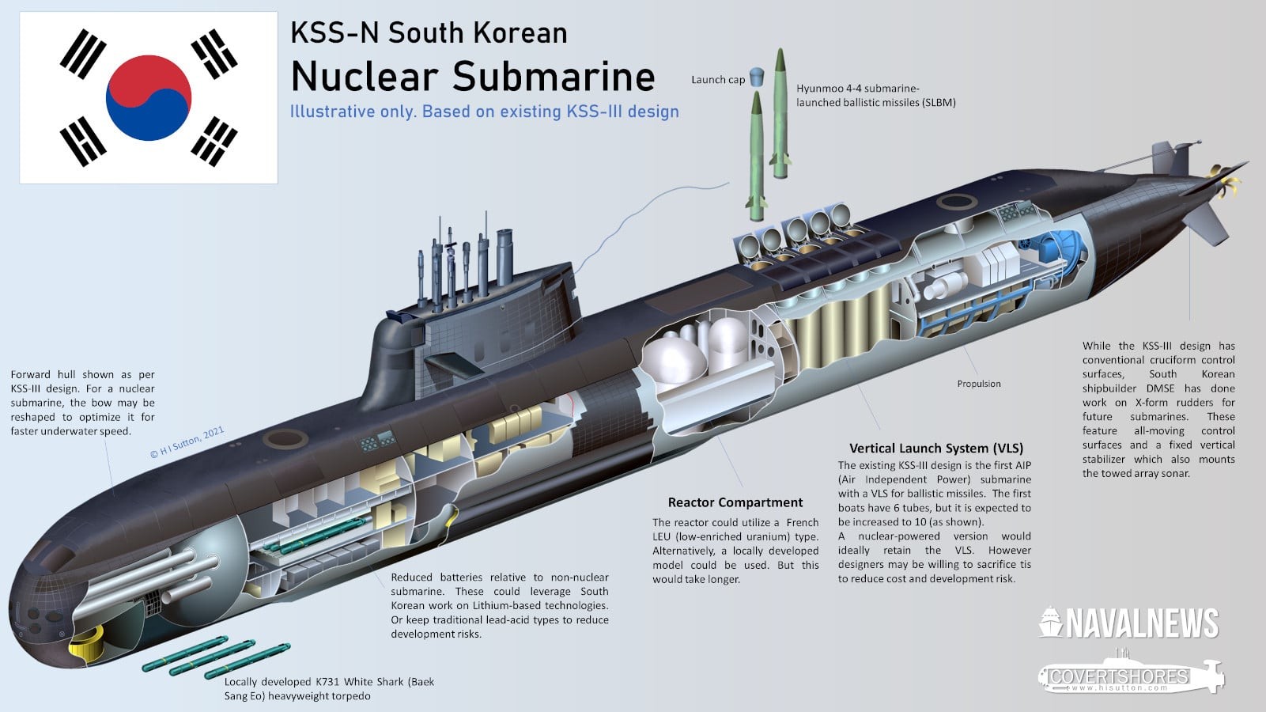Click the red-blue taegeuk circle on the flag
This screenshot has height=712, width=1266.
pyautogui.click(x=149, y=98)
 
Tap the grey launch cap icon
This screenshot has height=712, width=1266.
pyautogui.click(x=757, y=77)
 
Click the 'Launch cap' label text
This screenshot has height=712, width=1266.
pyautogui.click(x=717, y=80)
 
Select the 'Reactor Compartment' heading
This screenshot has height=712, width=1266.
pyautogui.click(x=735, y=502)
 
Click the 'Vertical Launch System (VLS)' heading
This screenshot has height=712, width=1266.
pyautogui.click(x=935, y=448)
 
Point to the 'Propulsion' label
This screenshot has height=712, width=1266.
pyautogui.click(x=978, y=384)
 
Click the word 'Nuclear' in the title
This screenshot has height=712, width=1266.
pyautogui.click(x=365, y=77)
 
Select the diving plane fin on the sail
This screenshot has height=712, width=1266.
pyautogui.click(x=455, y=365)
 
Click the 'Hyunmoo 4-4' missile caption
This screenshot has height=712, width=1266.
pyautogui.click(x=875, y=96)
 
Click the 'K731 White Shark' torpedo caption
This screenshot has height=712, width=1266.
pyautogui.click(x=329, y=688)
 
